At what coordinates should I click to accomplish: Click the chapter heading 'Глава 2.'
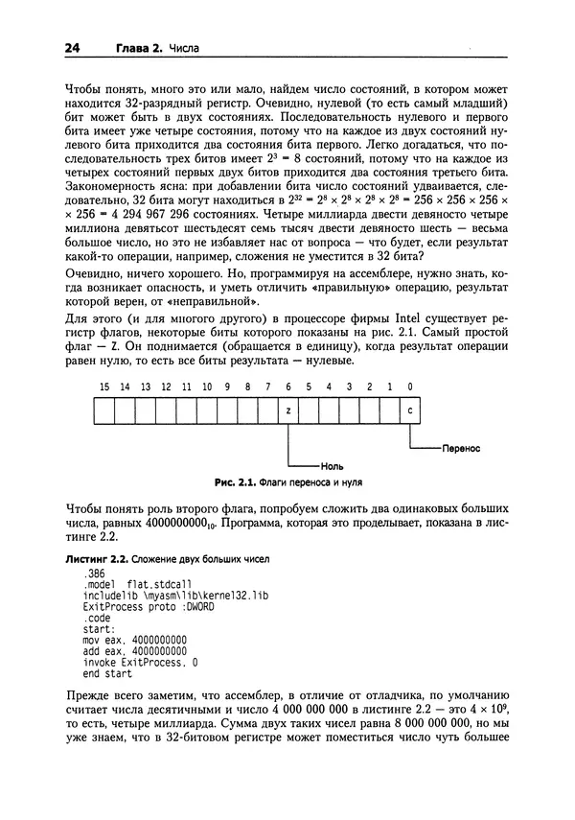[136, 47]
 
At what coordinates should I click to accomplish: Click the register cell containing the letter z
[288, 410]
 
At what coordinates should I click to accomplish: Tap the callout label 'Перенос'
[460, 447]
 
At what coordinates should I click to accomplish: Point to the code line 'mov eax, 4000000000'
[135, 638]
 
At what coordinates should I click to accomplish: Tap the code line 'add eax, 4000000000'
[135, 649]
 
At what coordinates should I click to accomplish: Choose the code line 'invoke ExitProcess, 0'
[141, 661]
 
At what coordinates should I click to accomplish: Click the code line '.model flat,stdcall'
[138, 582]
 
